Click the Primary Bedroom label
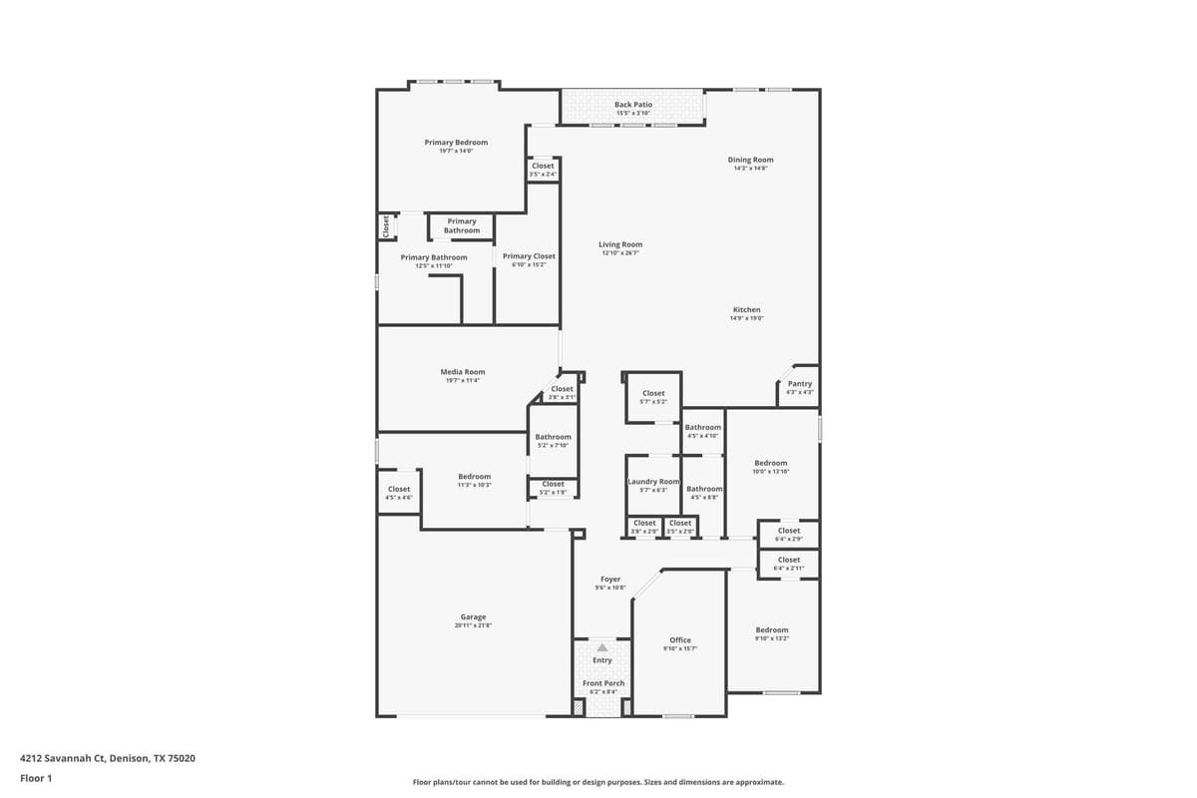point(456,143)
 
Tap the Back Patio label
point(632,105)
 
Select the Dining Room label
point(750,160)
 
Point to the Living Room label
point(620,244)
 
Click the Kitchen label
point(746,310)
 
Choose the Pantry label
point(800,384)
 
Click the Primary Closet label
point(529,256)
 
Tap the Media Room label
point(462,372)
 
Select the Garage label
point(473,617)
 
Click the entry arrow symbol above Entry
point(601,647)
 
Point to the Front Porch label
point(603,683)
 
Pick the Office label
point(680,640)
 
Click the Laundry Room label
point(653,482)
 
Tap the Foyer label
point(610,580)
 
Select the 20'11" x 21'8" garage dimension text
point(473,625)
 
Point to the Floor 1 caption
point(36,778)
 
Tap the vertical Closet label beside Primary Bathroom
point(386,227)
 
